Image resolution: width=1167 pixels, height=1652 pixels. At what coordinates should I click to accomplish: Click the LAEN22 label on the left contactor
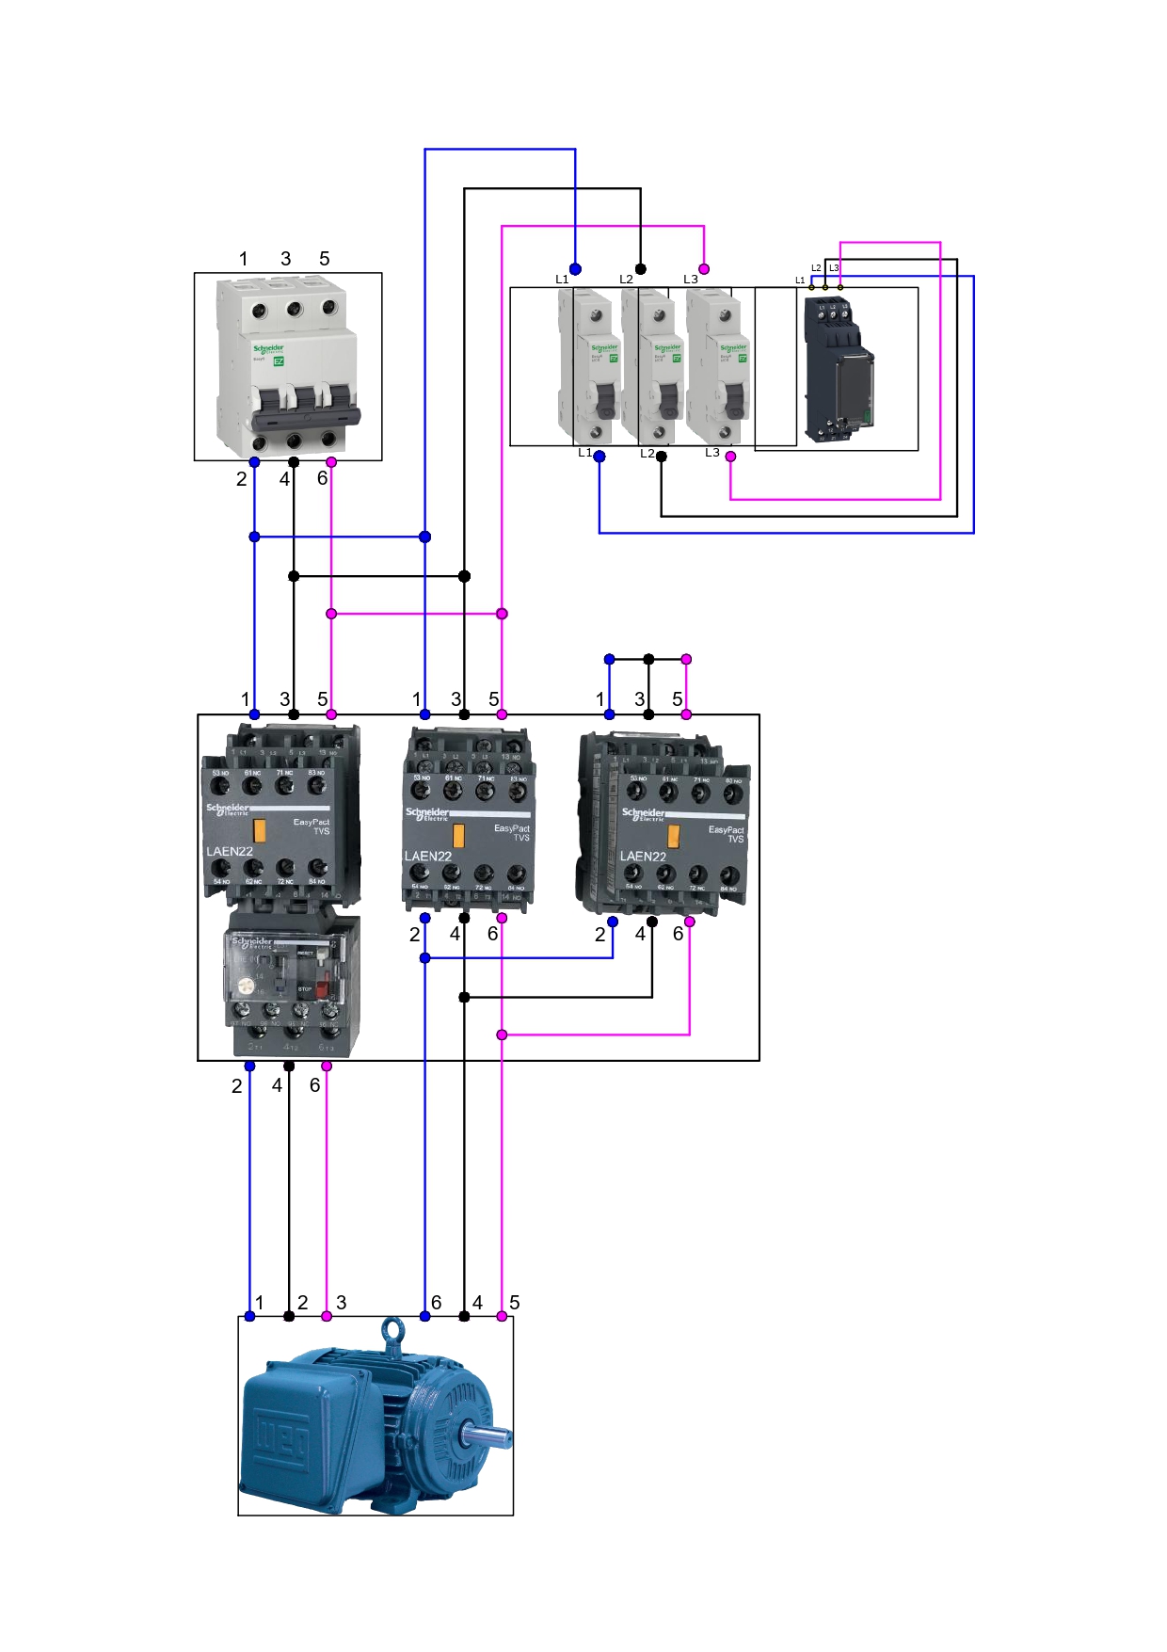pos(230,851)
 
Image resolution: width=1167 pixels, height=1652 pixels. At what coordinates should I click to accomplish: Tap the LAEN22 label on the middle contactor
pos(428,856)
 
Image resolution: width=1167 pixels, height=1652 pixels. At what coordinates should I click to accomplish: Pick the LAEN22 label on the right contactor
pos(643,856)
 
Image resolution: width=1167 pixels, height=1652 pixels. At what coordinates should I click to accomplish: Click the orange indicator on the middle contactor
pos(458,835)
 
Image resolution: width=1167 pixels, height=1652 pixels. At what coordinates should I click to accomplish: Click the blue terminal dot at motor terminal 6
pos(424,1316)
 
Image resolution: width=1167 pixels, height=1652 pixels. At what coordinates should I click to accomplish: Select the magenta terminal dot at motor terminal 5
pos(502,1316)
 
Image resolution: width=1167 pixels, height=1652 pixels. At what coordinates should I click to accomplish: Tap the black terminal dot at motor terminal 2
pos(289,1316)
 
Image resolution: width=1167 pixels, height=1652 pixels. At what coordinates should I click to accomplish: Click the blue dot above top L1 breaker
pos(575,269)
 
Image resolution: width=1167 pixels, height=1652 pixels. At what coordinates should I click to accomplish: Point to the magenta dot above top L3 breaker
pos(704,269)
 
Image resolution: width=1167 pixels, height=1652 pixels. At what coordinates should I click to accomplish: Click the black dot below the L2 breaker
pos(662,457)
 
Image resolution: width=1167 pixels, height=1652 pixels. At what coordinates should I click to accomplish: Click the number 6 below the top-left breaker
pos(322,478)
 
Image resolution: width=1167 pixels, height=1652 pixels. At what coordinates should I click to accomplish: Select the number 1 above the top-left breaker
pos(244,259)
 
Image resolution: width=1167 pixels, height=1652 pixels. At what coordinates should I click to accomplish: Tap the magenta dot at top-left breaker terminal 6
pos(331,462)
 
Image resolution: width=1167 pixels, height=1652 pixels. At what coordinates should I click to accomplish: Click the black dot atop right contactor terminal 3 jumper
pos(648,659)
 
